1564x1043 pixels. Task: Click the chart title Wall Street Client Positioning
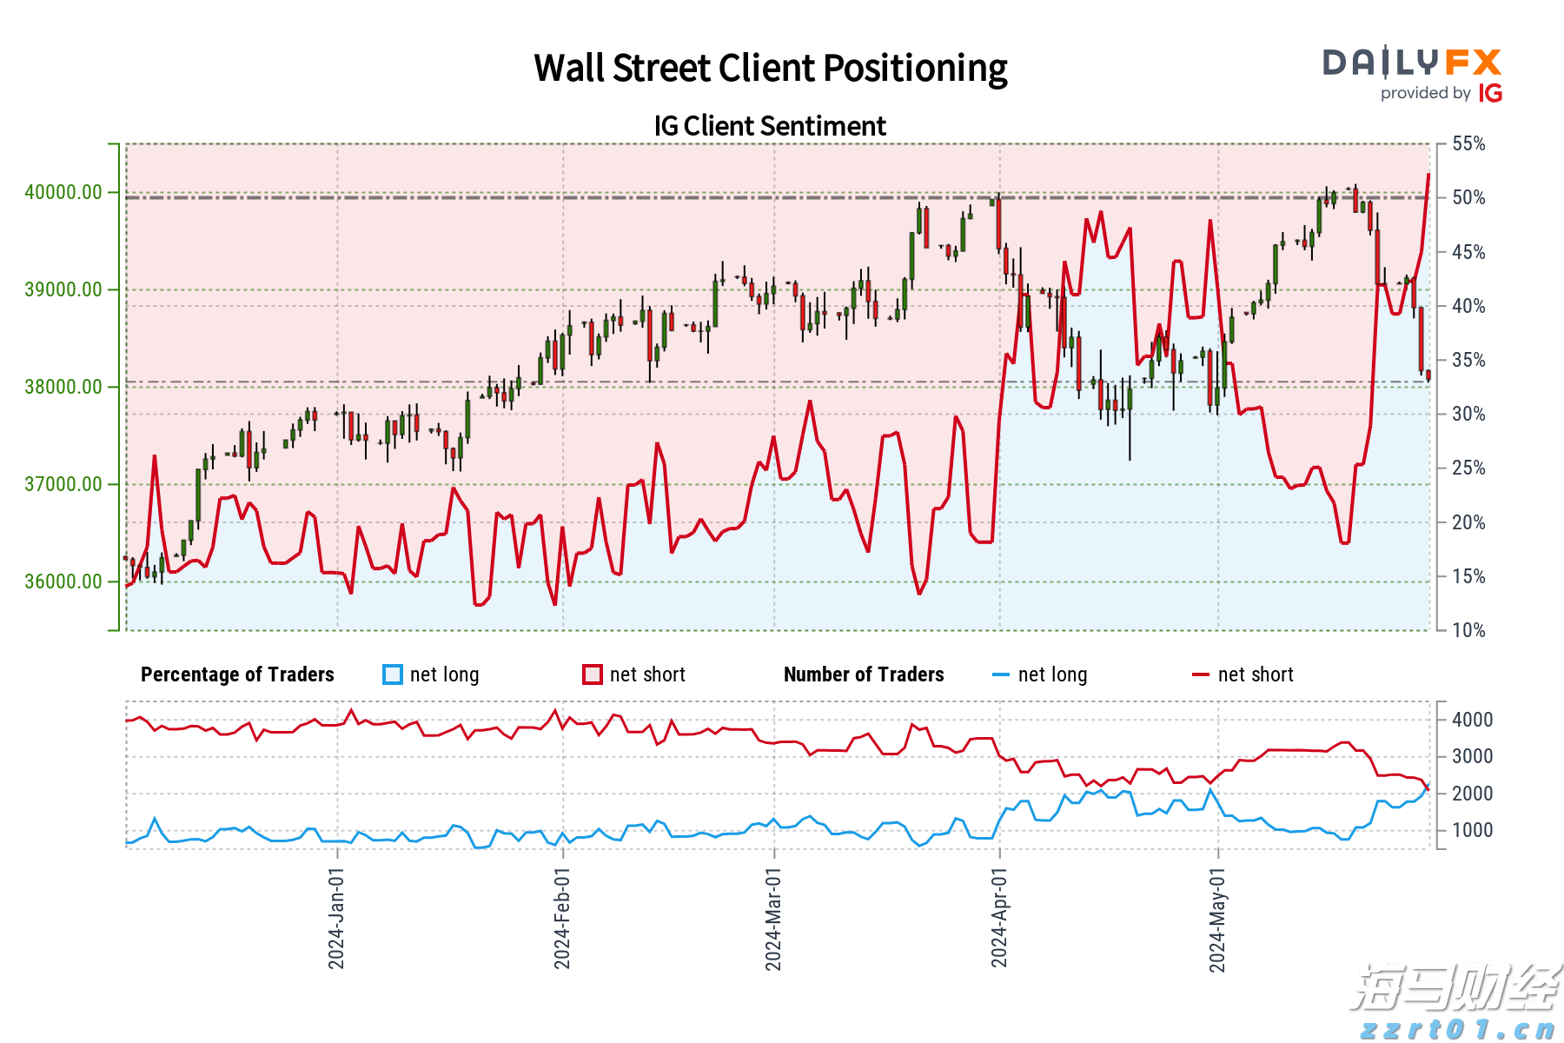770,68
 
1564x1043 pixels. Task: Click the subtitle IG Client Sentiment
770,126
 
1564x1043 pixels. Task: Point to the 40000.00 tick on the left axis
63,192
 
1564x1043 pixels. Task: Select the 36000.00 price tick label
63,581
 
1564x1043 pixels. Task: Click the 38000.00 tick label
63,387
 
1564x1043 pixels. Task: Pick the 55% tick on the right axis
1468,143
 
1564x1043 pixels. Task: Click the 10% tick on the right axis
1468,630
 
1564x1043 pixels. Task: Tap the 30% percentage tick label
1468,414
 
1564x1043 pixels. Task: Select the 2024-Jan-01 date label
336,917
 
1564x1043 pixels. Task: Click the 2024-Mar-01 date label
773,917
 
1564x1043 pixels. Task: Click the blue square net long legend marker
393,674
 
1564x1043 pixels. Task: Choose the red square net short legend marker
593,674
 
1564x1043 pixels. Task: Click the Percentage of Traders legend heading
237,674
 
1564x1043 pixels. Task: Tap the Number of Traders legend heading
864,674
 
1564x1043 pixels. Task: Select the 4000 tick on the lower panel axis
1472,720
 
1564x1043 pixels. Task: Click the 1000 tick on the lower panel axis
1472,830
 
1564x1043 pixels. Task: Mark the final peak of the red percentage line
1428,175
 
